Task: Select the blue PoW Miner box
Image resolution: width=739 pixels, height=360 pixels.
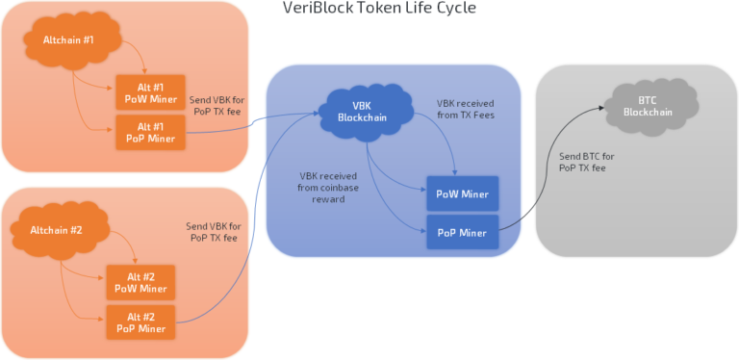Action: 461,194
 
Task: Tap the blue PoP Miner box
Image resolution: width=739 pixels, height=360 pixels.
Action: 461,232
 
